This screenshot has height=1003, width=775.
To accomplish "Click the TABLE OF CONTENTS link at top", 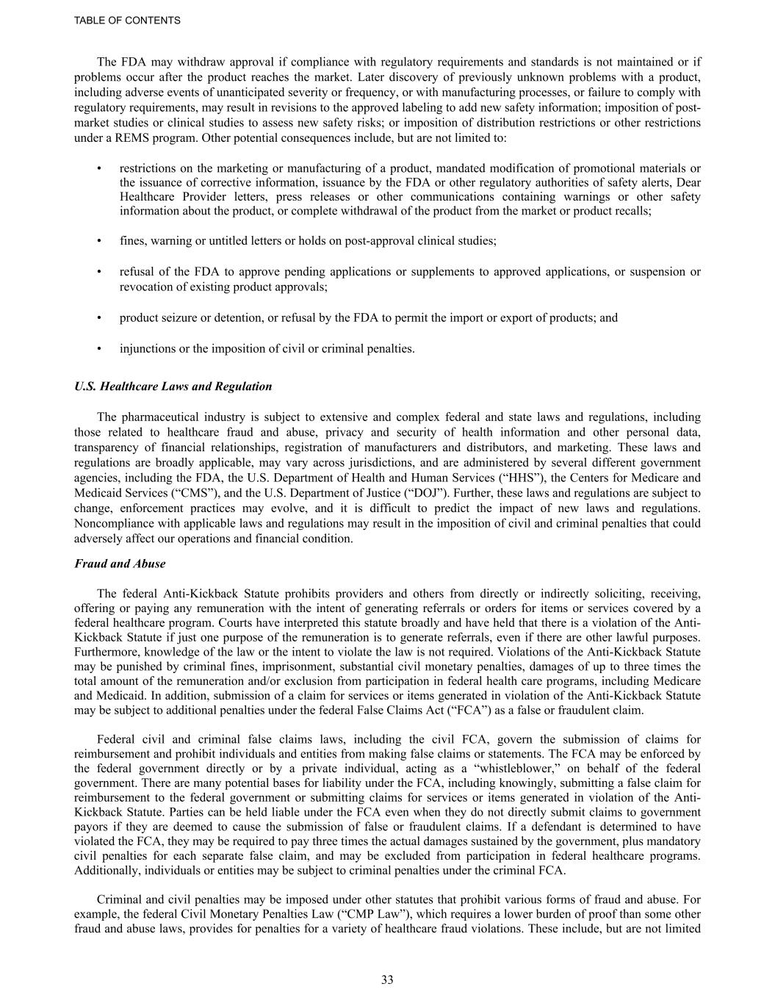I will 127,21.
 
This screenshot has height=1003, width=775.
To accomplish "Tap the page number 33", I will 387,979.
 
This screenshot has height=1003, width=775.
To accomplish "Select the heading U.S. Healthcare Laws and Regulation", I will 173,387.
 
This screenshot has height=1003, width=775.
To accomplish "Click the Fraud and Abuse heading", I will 120,564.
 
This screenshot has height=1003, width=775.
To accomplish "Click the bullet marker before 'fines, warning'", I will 98,241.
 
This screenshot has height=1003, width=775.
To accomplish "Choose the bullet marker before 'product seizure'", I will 98,318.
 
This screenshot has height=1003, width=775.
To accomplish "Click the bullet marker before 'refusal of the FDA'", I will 98,272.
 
